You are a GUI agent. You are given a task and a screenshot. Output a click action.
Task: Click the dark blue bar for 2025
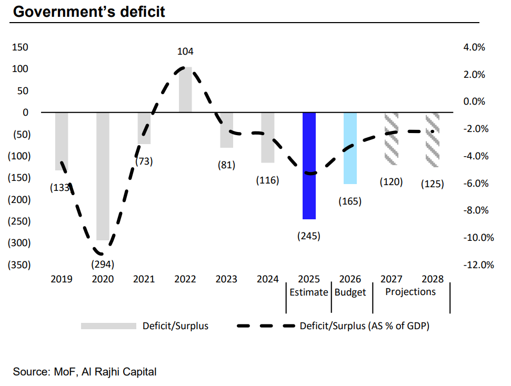(x=309, y=166)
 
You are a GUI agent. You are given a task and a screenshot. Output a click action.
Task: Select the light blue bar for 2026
(x=350, y=148)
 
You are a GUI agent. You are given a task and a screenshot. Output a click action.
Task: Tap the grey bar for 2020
(x=103, y=176)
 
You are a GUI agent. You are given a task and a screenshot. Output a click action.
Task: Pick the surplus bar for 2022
(x=185, y=89)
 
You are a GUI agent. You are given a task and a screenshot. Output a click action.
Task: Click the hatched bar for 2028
(x=432, y=139)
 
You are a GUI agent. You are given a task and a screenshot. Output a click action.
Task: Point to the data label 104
(x=185, y=52)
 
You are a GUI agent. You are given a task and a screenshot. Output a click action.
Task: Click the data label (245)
(x=309, y=236)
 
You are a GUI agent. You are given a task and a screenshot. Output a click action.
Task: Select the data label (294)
(x=103, y=263)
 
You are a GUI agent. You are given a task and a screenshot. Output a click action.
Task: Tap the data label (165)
(x=350, y=201)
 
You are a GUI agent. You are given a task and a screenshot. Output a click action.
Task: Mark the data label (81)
(x=226, y=165)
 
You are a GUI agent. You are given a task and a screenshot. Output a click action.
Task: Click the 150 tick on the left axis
(x=19, y=47)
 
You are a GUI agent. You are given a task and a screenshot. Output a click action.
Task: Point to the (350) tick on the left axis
(x=18, y=265)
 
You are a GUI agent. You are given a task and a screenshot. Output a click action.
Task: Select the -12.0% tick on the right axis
(x=478, y=265)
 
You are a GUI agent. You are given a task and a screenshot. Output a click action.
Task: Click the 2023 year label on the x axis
(x=226, y=279)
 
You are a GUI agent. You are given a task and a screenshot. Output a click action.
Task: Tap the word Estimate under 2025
(x=309, y=292)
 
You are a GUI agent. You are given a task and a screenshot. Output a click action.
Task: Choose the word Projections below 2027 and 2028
(x=411, y=292)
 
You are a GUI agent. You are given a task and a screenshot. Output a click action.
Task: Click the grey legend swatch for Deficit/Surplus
(x=108, y=326)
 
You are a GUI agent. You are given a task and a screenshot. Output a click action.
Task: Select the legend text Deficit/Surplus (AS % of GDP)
(x=365, y=326)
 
